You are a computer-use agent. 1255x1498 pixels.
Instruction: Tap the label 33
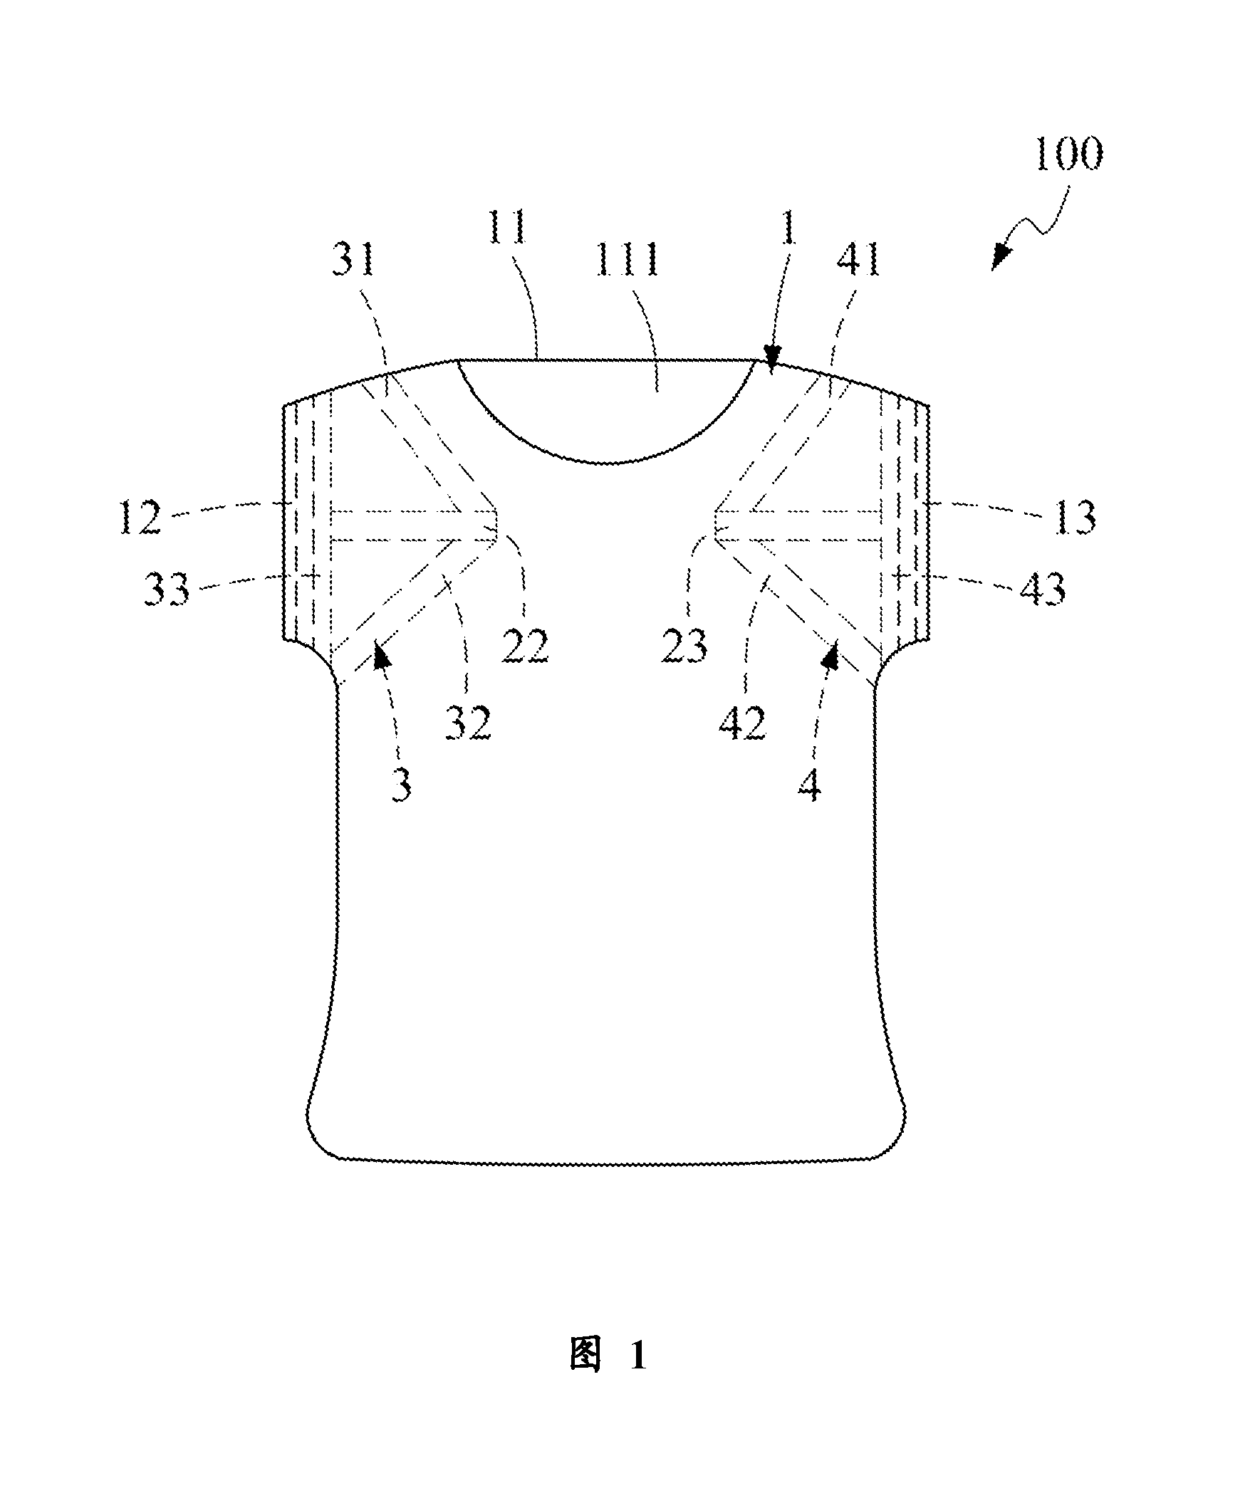coord(166,590)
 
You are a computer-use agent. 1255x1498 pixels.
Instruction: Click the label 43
coord(1042,590)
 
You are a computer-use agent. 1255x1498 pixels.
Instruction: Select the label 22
coord(525,646)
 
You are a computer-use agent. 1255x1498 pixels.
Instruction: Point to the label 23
coord(684,646)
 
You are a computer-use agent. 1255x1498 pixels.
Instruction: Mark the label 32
coord(469,723)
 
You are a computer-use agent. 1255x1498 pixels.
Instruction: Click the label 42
coord(742,723)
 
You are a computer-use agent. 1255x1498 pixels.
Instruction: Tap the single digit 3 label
coord(402,785)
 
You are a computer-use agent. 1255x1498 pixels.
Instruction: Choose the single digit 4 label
coord(810,785)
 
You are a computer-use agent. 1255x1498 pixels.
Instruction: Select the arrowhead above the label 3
coord(382,654)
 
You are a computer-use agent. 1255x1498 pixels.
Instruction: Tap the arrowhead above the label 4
coord(831,654)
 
